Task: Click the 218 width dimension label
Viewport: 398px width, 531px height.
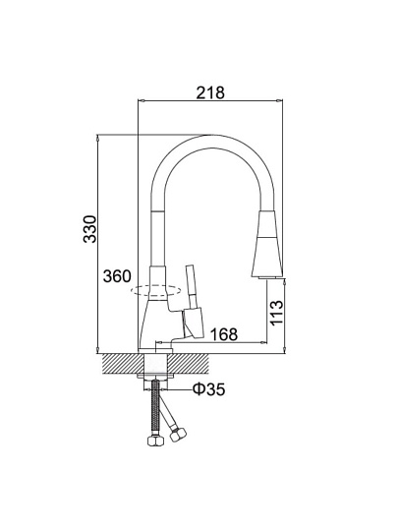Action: (x=210, y=92)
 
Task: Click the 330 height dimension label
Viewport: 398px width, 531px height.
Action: (x=89, y=229)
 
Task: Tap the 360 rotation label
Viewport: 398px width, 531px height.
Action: (x=117, y=276)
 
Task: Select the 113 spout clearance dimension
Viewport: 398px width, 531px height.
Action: (x=276, y=313)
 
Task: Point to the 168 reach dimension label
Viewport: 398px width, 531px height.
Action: (x=224, y=334)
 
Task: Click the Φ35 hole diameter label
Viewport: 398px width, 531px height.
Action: (x=208, y=389)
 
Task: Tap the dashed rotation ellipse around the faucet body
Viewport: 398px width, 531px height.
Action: (x=156, y=291)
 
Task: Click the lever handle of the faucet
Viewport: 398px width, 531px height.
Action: (x=191, y=287)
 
